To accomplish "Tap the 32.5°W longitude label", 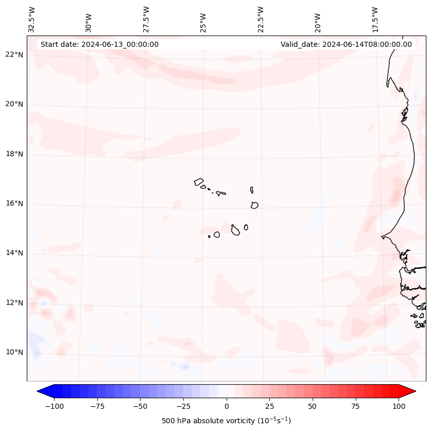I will pos(32,19).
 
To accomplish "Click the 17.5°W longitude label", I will pos(375,19).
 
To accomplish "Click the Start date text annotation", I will pos(99,44).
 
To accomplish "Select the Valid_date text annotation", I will pos(346,44).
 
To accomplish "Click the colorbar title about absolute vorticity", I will pos(227,421).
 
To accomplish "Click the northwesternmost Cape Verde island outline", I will pos(199,182).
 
